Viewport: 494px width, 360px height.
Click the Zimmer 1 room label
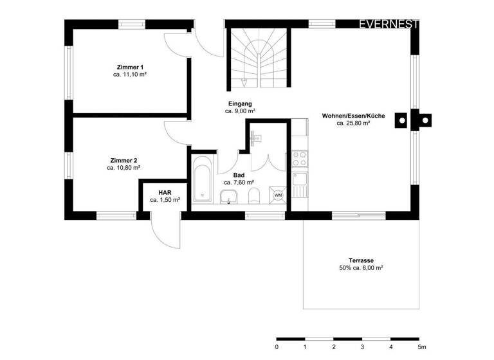tap(130, 67)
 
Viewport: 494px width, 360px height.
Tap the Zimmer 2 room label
tap(123, 160)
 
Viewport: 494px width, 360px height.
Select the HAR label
tap(165, 192)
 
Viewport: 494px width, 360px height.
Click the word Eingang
tap(240, 104)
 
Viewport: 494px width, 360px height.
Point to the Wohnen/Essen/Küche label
tap(353, 116)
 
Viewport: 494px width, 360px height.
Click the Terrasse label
tap(361, 261)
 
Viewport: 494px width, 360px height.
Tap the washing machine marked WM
tap(278, 195)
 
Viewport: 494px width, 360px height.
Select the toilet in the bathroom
tap(254, 196)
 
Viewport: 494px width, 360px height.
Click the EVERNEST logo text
tap(389, 24)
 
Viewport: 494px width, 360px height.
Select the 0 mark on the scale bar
tap(277, 346)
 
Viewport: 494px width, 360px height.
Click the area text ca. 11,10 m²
tap(130, 75)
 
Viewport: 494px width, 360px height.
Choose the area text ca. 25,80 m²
tap(353, 123)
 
